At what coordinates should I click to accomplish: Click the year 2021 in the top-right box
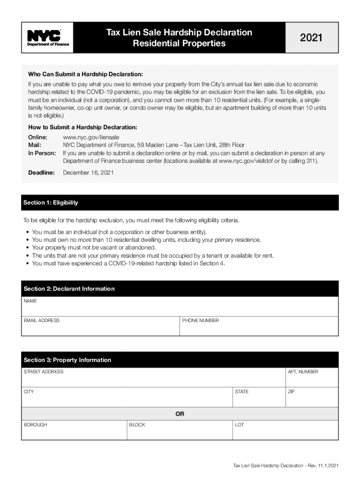[x=311, y=38]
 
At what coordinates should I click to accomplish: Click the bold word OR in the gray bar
[x=180, y=414]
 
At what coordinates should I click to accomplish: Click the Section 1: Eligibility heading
[x=51, y=203]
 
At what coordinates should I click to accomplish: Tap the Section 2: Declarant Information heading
[x=69, y=289]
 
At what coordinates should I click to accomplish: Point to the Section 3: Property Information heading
[x=67, y=360]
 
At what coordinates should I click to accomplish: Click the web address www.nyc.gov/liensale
[x=91, y=138]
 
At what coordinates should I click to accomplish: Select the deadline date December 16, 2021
[x=88, y=173]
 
